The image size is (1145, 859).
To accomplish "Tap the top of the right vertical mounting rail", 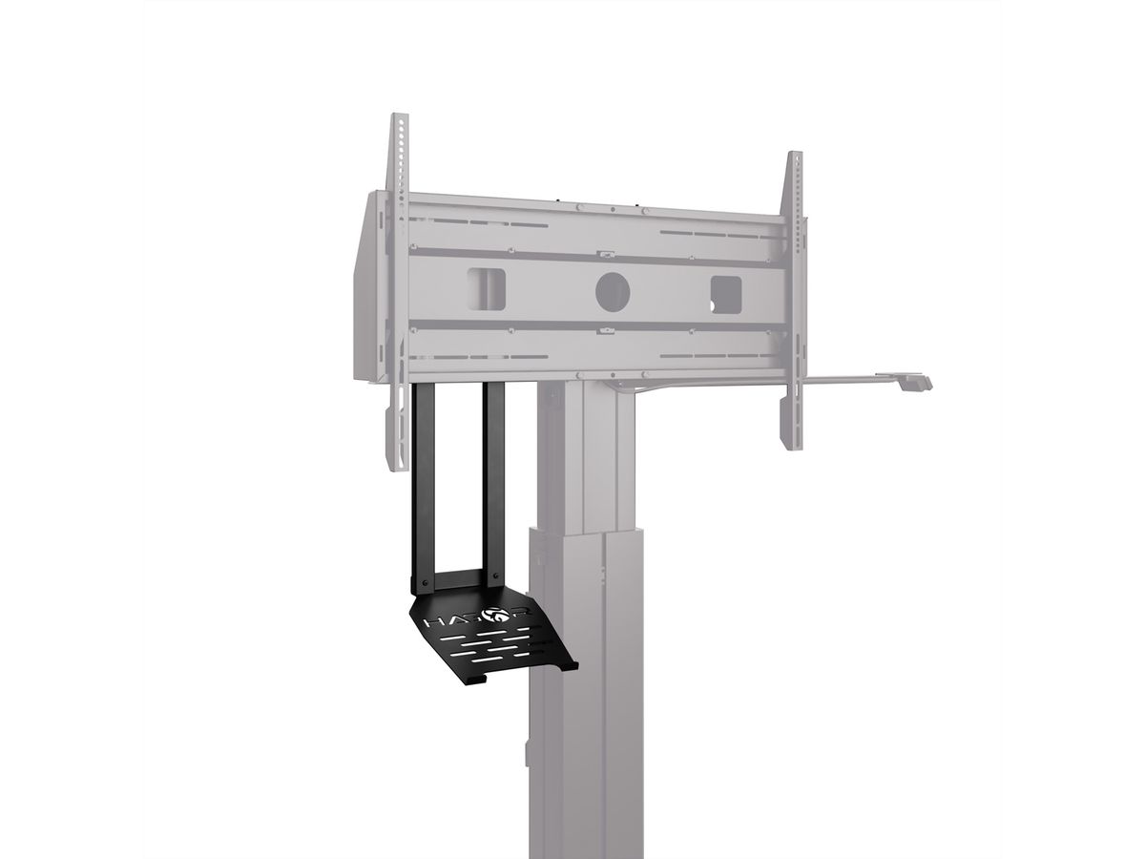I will pos(794,158).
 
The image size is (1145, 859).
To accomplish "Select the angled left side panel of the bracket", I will pos(366,286).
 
